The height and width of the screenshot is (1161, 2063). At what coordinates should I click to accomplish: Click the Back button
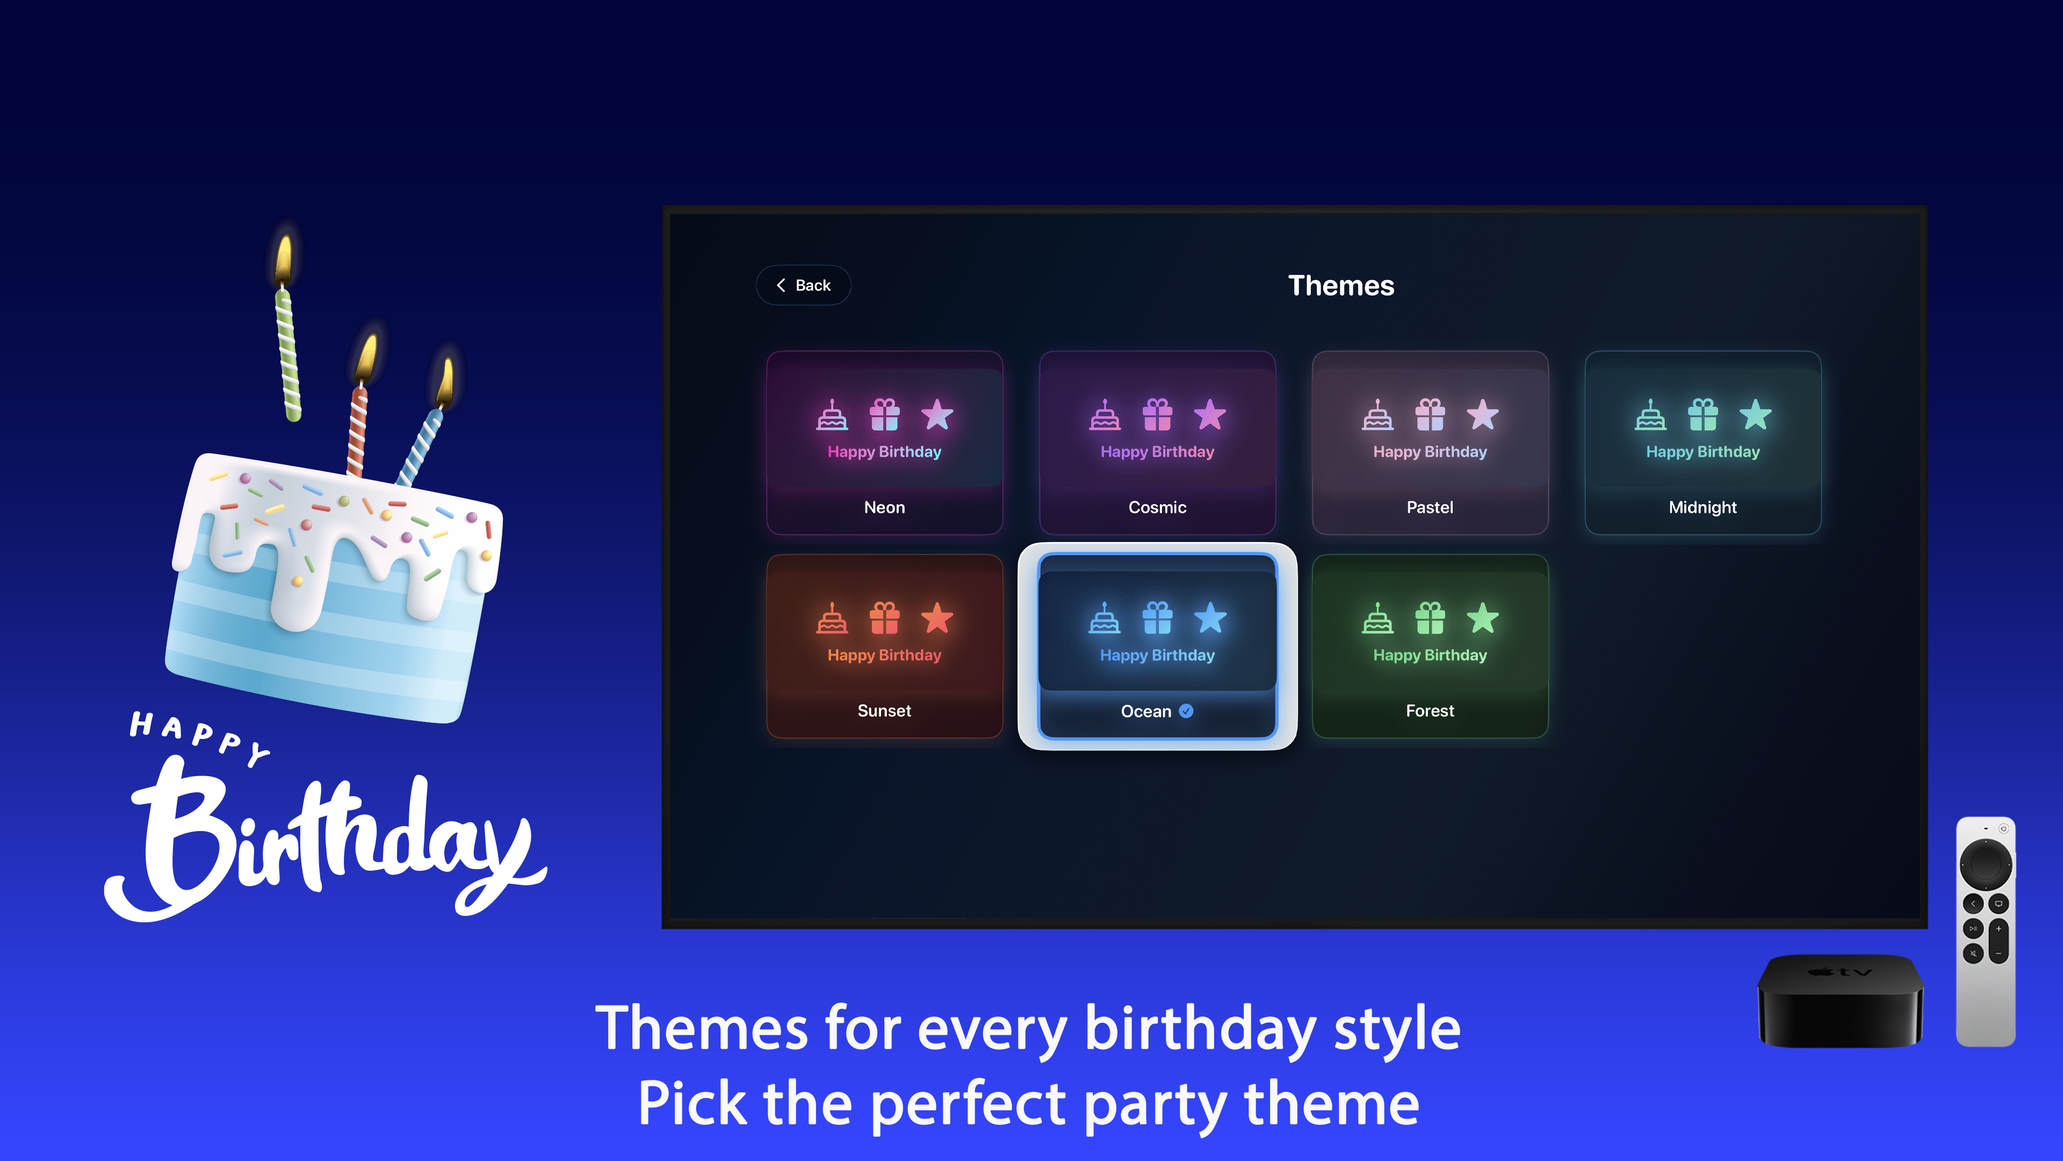803,285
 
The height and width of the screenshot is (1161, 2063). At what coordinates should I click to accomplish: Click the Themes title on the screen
1340,286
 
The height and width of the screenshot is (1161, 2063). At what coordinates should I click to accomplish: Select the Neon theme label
884,507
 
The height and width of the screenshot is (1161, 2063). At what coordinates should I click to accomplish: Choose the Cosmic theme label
1157,507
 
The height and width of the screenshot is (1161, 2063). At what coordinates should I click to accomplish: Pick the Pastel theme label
1430,507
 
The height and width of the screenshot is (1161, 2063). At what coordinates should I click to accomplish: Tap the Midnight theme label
1703,507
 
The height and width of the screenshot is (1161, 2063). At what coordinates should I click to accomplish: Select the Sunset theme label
884,711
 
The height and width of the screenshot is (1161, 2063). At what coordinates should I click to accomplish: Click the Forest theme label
1430,711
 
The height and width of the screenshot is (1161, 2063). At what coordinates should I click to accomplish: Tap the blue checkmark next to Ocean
1186,711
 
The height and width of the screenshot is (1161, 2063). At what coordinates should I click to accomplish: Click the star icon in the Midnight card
1755,415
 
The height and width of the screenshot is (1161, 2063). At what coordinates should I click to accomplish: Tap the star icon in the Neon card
937,415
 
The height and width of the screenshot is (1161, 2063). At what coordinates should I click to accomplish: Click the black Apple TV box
1840,1001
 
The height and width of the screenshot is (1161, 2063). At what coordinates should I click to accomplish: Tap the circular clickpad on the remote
1985,864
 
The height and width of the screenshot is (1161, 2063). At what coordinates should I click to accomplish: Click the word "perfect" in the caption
968,1104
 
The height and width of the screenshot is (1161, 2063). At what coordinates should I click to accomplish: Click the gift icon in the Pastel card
1430,415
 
